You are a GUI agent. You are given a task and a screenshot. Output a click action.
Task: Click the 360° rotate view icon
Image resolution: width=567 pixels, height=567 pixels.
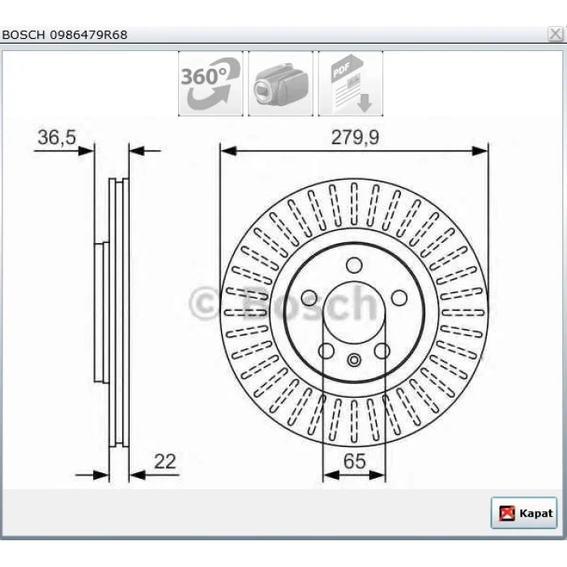[211, 83]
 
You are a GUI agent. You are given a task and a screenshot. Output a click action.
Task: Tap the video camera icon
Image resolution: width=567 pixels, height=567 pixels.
[280, 83]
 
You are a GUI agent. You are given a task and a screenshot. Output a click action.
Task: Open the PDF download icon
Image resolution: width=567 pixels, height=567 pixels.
[351, 83]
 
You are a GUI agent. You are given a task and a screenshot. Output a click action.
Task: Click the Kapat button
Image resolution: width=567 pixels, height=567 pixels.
[524, 513]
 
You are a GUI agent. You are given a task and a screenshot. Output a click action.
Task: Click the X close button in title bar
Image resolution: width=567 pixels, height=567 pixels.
[555, 34]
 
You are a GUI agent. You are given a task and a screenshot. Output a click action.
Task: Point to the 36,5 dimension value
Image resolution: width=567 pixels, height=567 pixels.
[57, 138]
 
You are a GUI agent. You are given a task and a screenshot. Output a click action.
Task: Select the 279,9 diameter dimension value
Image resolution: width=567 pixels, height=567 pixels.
[355, 138]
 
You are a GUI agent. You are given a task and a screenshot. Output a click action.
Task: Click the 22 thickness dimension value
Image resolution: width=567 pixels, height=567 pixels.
[165, 462]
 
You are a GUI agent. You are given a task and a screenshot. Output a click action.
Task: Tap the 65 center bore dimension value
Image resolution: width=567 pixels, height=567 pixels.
[355, 462]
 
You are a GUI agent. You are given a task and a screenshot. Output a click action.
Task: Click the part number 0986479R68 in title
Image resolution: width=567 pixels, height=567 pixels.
[88, 35]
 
